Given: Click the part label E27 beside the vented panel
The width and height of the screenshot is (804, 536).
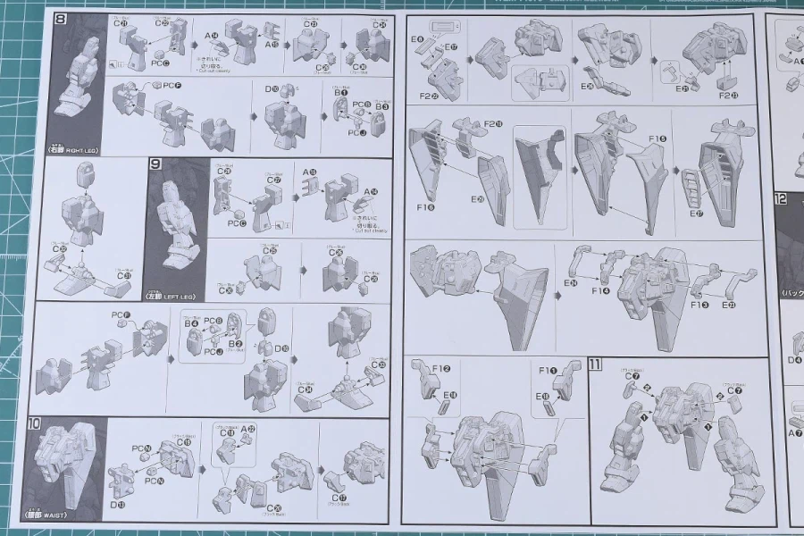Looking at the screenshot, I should point(695,214).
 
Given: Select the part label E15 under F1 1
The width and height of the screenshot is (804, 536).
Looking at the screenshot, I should point(545,394).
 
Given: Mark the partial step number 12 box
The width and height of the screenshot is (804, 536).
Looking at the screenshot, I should point(780,199).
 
